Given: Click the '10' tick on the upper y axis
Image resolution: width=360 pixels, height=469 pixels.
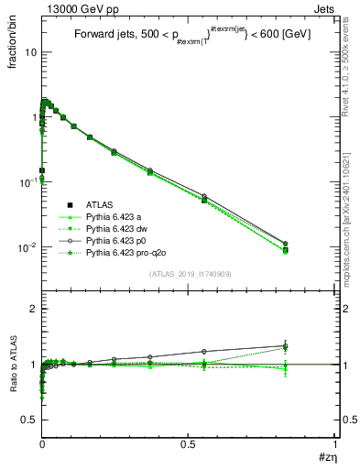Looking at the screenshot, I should pos(31,52).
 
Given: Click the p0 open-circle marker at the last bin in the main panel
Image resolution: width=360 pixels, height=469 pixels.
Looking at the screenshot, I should pos(311,244).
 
